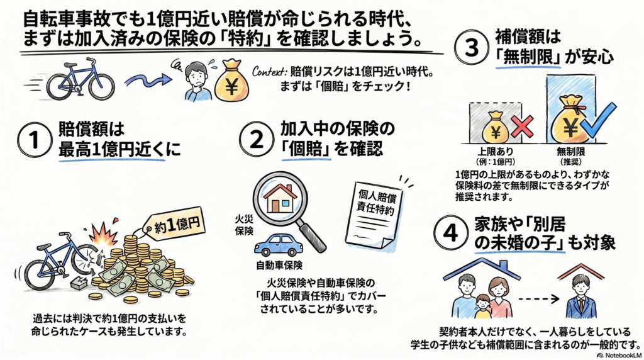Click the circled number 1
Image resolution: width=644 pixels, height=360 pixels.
tap(35, 140)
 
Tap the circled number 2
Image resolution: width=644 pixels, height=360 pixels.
tap(257, 139)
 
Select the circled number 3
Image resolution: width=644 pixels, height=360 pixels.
tap(472, 47)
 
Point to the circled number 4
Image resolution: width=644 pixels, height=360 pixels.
tap(451, 233)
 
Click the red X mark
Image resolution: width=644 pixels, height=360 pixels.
tap(522, 127)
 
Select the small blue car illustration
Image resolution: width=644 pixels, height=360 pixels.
tap(279, 245)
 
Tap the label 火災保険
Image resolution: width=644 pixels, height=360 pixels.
tap(244, 225)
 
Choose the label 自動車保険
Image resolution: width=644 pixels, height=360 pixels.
tap(279, 266)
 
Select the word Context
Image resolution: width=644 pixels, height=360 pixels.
tap(269, 72)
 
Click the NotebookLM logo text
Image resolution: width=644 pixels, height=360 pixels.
tap(618, 355)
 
